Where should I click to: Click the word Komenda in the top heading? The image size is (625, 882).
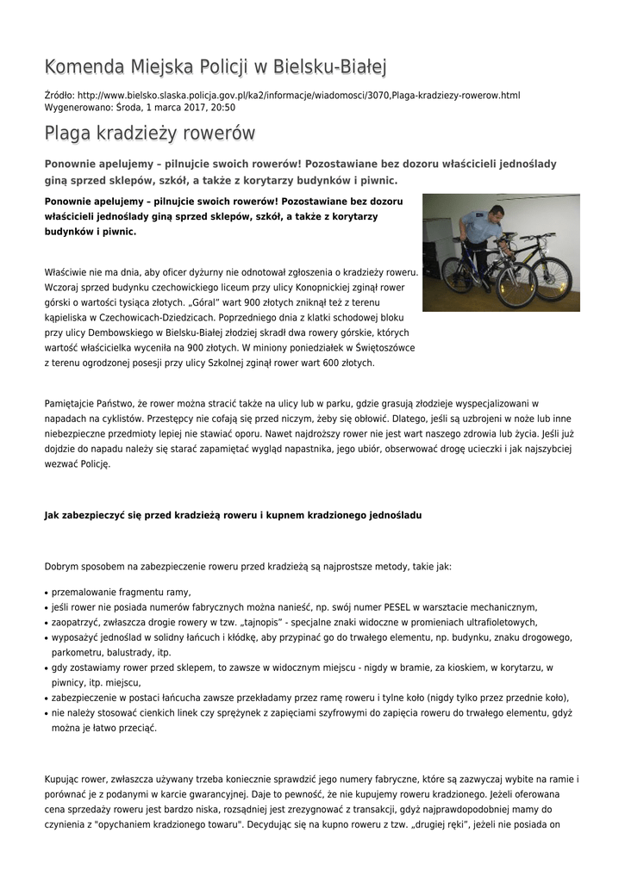point(83,66)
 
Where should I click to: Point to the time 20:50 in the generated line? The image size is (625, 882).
point(222,108)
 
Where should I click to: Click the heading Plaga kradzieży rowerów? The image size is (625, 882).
point(150,134)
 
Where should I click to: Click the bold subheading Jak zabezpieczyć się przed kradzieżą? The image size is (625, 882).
point(233,514)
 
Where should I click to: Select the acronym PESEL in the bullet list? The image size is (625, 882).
point(371,606)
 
